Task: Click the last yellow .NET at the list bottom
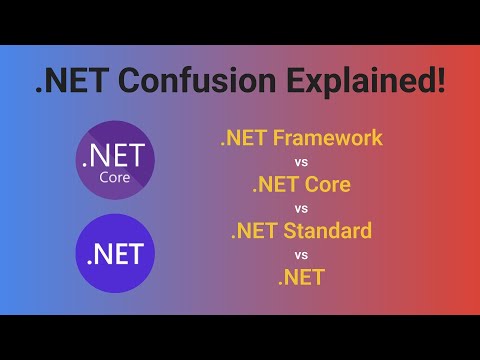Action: tap(301, 277)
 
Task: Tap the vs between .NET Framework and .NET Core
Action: tap(301, 161)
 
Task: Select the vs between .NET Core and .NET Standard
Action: tap(301, 208)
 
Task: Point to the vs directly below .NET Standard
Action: tap(301, 254)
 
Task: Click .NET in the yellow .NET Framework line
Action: tap(244, 138)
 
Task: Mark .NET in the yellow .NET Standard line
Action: tap(254, 231)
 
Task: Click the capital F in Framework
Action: tap(277, 138)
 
